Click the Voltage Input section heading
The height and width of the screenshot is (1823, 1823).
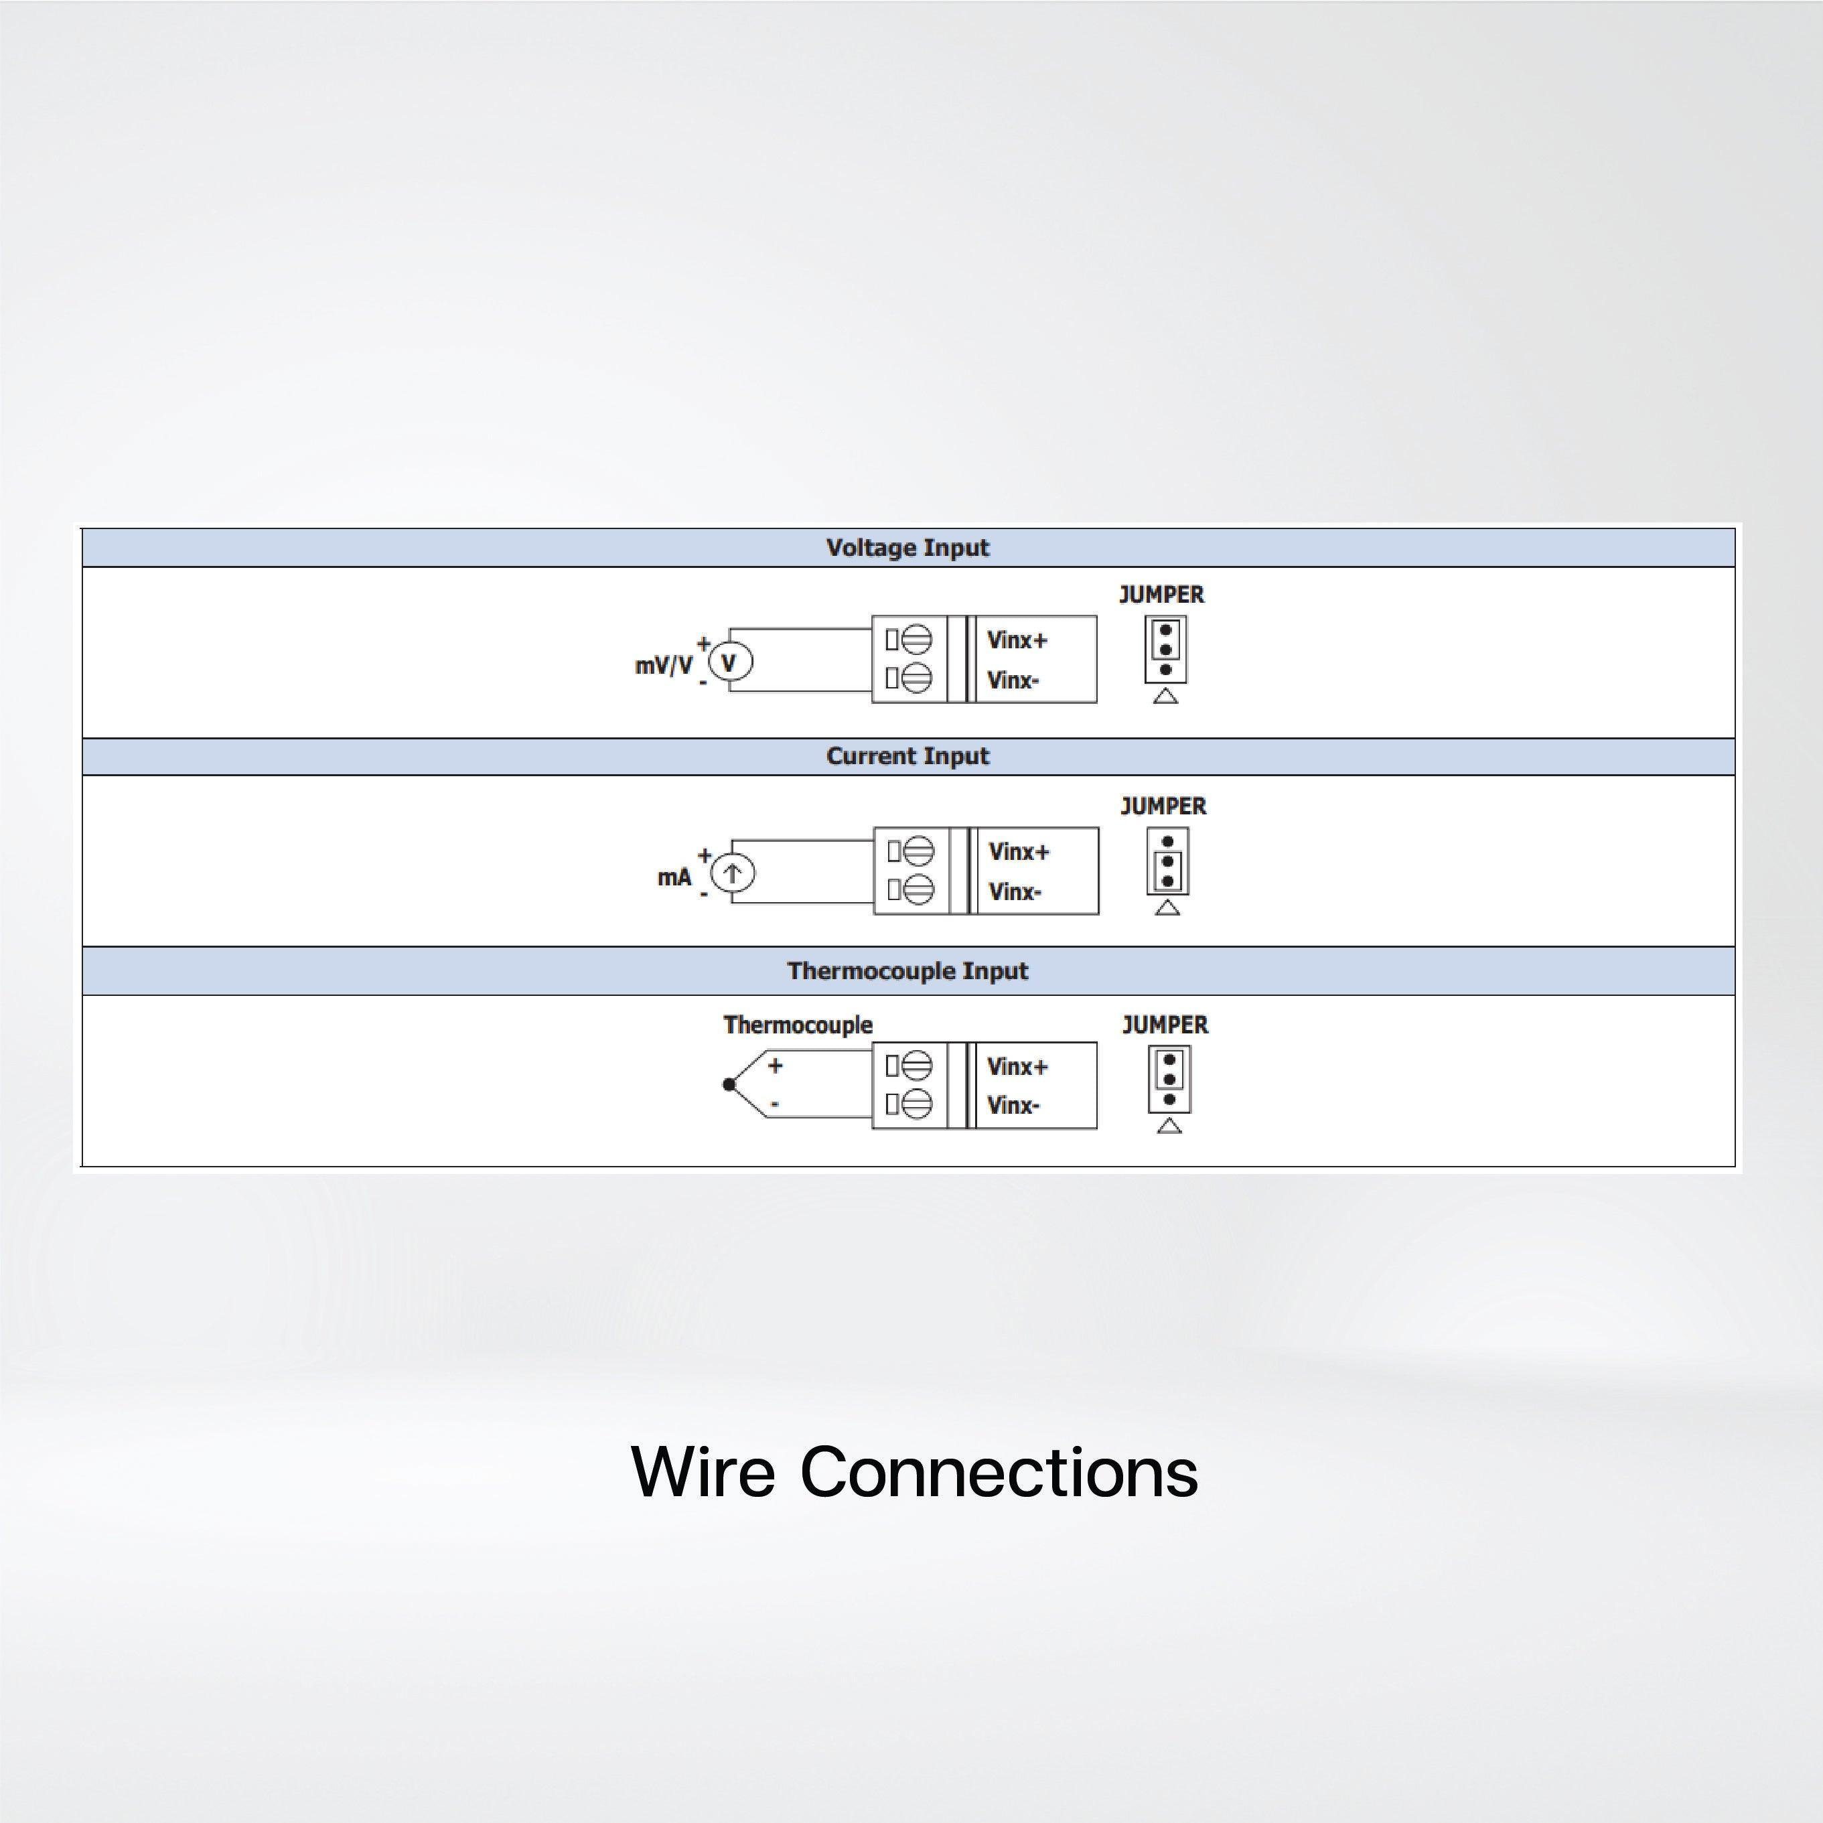click(x=907, y=549)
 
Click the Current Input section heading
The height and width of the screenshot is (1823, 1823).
click(x=907, y=757)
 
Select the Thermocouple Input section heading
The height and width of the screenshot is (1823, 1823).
click(x=907, y=971)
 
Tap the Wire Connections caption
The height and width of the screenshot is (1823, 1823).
click(x=914, y=1472)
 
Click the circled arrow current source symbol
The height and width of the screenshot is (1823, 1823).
click(x=732, y=874)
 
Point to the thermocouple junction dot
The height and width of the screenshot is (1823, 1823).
click(x=729, y=1084)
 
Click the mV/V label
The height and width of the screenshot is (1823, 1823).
click(x=663, y=665)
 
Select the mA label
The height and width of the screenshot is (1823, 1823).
click(x=674, y=877)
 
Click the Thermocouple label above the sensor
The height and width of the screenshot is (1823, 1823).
click(x=798, y=1025)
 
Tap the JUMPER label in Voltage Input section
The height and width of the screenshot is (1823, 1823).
click(x=1161, y=595)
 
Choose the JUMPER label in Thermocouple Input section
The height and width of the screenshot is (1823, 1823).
click(x=1165, y=1025)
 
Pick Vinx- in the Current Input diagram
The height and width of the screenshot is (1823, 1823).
click(x=1015, y=891)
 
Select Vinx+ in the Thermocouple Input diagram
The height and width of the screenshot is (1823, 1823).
click(x=1016, y=1066)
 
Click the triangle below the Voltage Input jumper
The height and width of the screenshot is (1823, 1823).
click(x=1165, y=697)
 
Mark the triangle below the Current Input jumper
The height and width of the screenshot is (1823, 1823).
click(x=1167, y=907)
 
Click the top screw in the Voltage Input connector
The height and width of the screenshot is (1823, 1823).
click(x=916, y=639)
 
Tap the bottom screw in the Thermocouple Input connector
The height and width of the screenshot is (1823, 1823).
click(x=916, y=1103)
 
